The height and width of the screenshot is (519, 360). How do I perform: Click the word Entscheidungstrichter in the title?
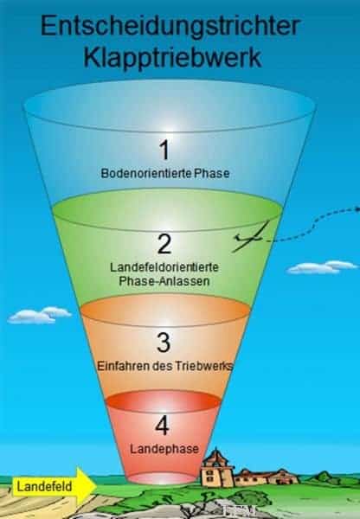(x=170, y=28)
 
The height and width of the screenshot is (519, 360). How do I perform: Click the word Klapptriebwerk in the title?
(x=172, y=58)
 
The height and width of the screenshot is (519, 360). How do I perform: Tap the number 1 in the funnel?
(x=164, y=150)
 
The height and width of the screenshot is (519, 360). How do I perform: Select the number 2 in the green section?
(x=164, y=244)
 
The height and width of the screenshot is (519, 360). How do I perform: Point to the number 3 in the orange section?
(x=164, y=343)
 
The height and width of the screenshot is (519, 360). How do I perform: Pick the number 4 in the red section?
(x=163, y=425)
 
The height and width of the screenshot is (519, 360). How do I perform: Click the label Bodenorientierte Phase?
(x=165, y=173)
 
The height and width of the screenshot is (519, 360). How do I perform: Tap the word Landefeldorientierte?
(x=164, y=267)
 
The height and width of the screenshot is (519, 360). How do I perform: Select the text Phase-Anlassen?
(x=164, y=281)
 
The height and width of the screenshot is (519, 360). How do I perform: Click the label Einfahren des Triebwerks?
(x=165, y=366)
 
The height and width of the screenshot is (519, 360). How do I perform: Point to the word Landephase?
(x=164, y=449)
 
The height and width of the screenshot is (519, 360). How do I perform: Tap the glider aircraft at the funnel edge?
(x=249, y=238)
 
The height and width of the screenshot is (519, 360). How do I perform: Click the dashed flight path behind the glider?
(x=315, y=225)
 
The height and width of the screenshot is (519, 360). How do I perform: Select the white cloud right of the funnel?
(x=322, y=267)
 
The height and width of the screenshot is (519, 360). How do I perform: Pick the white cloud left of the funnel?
(x=39, y=315)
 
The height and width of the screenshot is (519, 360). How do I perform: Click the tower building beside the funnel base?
(x=216, y=468)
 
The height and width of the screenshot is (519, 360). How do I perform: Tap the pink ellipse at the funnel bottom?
(x=162, y=478)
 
